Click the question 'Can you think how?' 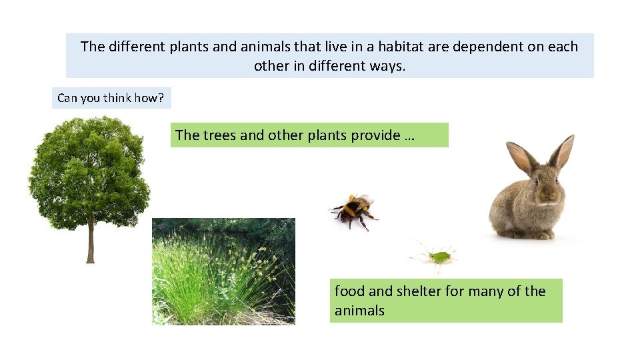tap(111, 98)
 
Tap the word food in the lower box tap(349, 291)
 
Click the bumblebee tap(353, 210)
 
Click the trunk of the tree tap(91, 243)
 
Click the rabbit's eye tap(535, 181)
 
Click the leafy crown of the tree tap(89, 167)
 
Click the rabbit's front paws tap(533, 234)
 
